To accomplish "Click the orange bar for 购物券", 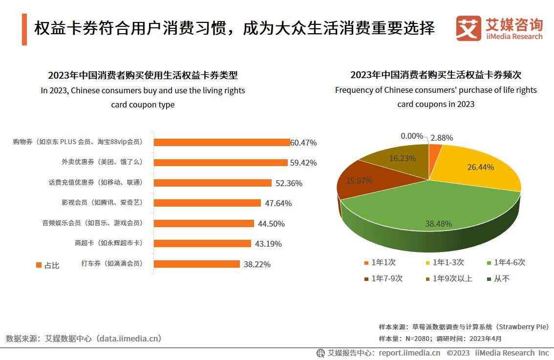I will click(222, 142).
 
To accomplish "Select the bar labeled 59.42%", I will click(221, 162).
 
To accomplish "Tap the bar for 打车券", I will click(197, 264).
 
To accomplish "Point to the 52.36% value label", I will click(288, 183).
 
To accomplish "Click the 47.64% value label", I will click(277, 203).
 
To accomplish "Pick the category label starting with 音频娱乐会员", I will click(92, 223).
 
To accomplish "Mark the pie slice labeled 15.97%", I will click(359, 181).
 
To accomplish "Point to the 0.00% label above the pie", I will click(411, 136).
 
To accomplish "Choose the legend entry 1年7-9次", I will click(383, 279).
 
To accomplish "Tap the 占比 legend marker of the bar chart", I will click(39, 265).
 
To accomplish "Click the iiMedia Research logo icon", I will click(468, 28).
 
